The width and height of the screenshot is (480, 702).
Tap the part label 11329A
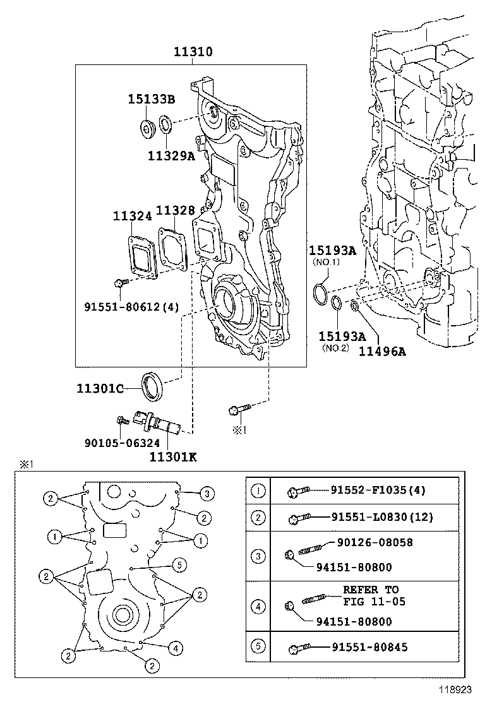click(x=171, y=155)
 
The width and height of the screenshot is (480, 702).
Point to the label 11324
click(x=133, y=216)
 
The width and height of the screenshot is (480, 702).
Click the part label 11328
click(x=176, y=211)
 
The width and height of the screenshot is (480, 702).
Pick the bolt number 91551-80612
click(x=131, y=307)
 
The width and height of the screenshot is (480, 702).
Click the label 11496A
click(x=382, y=352)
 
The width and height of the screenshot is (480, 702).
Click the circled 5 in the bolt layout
click(x=179, y=564)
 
